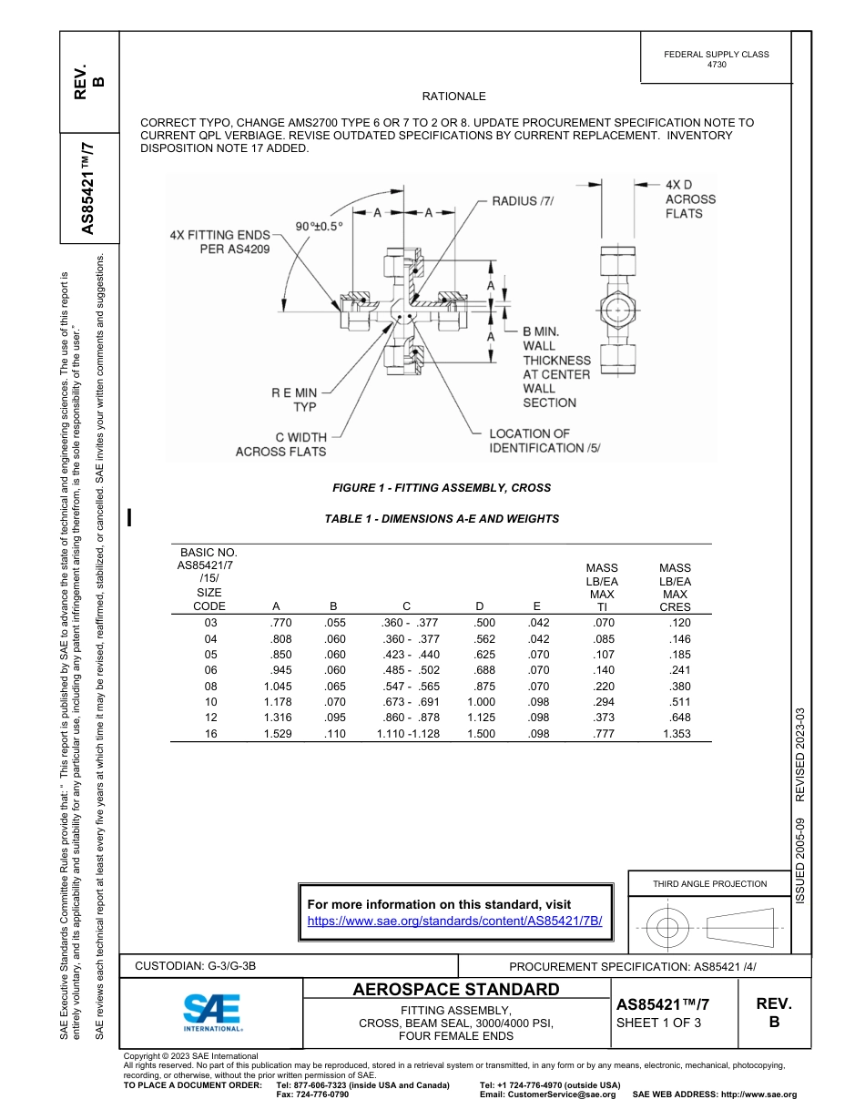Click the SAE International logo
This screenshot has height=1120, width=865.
[212, 1012]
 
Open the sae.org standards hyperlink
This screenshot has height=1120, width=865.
[455, 921]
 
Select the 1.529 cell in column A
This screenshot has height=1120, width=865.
[277, 733]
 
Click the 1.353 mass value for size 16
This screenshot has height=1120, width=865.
[676, 733]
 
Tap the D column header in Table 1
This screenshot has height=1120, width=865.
[480, 606]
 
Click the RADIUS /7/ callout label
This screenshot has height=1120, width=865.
[523, 200]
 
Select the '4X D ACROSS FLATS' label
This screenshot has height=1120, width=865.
[689, 199]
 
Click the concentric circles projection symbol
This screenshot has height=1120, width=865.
[667, 928]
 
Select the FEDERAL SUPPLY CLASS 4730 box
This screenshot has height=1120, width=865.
[716, 59]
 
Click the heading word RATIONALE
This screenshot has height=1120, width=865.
[453, 97]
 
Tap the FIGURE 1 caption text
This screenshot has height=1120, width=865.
[442, 488]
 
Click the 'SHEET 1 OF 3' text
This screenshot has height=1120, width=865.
[659, 1023]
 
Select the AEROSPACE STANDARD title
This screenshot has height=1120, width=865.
[456, 989]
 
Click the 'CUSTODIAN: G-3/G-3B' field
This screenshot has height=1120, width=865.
[202, 966]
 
